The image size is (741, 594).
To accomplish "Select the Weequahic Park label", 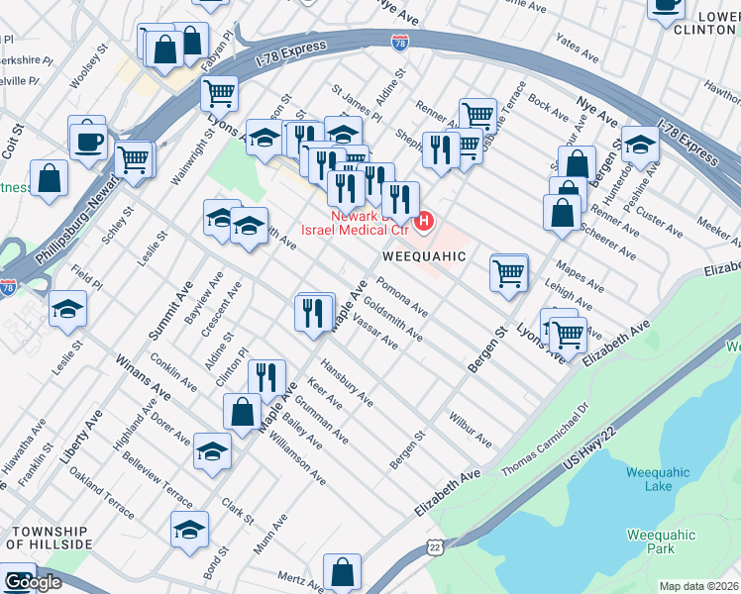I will coord(662,542).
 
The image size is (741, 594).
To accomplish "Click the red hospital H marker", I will coord(425,220).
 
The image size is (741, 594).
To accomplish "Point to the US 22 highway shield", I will coord(434,546).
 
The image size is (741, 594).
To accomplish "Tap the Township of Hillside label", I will coord(50,537).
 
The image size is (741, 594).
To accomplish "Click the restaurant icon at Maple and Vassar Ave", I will coord(314,313).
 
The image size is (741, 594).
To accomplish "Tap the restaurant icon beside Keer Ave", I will coord(266,377).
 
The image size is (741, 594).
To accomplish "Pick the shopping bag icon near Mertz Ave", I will coord(342,571).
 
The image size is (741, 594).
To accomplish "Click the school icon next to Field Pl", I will coord(68,310).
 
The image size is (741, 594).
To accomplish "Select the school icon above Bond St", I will coord(189,529).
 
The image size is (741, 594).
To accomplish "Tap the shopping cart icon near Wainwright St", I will coord(219,94).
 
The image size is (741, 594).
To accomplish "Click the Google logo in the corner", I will coord(32,582).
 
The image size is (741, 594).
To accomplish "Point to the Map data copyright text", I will coord(698,586).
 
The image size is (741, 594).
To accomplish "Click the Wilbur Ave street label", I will coord(470,428).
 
